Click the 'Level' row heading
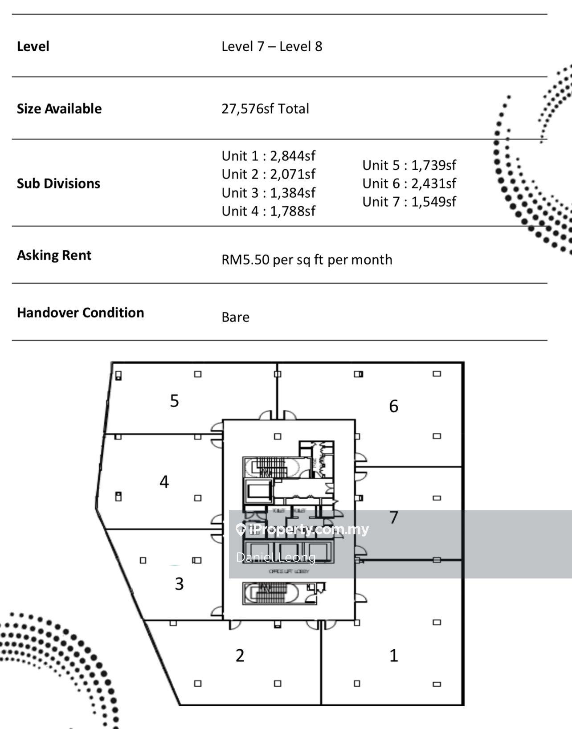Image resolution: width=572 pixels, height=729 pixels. click(33, 46)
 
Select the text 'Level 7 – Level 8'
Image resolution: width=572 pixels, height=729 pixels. click(272, 46)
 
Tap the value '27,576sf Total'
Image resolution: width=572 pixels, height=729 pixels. click(265, 109)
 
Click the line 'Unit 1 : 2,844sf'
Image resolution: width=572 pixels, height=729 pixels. click(268, 156)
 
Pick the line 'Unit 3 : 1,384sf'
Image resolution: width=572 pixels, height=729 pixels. click(268, 193)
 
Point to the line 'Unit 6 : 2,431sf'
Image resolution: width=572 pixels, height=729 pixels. click(409, 183)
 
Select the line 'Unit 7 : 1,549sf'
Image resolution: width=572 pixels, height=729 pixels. click(409, 202)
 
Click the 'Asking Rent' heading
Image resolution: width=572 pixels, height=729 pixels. click(54, 255)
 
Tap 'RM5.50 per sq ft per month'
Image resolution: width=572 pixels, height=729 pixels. click(306, 260)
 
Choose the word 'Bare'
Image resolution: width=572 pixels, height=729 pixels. click(235, 318)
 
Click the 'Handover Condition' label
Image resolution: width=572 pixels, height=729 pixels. click(80, 313)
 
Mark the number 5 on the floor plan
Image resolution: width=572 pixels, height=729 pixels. click(174, 401)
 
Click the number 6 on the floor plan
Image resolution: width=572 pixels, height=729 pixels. click(393, 406)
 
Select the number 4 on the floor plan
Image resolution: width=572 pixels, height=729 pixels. click(164, 482)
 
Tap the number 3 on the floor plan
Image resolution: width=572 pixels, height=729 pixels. click(179, 584)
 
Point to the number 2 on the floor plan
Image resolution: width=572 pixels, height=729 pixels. click(240, 656)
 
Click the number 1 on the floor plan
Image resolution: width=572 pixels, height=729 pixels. click(393, 656)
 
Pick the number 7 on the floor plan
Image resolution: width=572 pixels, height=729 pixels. click(393, 517)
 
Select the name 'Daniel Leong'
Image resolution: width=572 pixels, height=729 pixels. click(276, 557)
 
